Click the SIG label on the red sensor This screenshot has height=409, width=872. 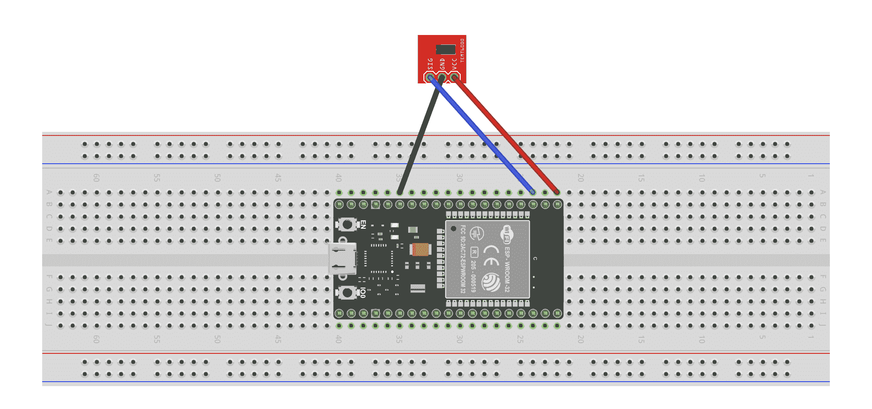coord(430,64)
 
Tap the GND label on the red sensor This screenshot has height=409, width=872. coord(442,64)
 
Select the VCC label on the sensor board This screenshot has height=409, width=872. coord(454,64)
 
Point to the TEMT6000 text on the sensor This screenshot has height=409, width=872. coord(462,50)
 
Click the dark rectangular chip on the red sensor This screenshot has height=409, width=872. coord(445,49)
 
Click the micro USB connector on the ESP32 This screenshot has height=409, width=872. coord(343,258)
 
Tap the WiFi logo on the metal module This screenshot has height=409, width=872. coord(506,234)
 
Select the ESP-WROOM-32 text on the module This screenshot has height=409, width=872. coord(507,269)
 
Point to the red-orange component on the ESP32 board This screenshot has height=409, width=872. coord(420,249)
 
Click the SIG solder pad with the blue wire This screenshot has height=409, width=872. coord(430,78)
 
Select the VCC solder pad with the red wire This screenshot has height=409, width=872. coord(454,78)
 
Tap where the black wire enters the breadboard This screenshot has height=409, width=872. coord(400,192)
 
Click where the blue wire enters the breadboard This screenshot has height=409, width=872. coord(533,192)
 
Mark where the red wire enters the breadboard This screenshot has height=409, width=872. coord(557,192)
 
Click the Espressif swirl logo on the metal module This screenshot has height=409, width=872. coord(491,283)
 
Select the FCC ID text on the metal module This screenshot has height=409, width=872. coord(463,259)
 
